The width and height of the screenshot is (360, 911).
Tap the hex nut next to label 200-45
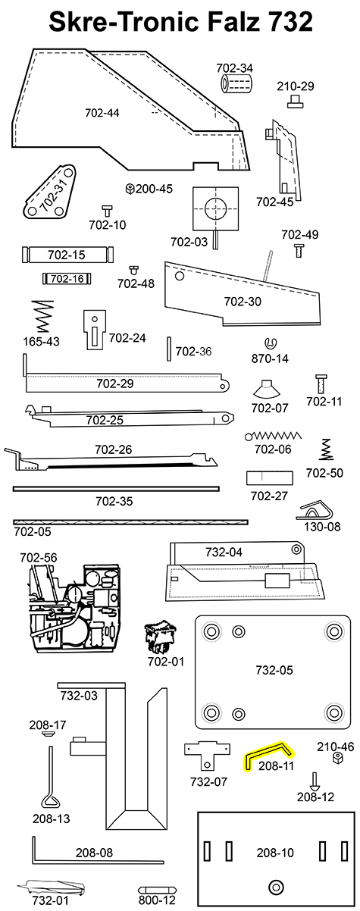[130, 189]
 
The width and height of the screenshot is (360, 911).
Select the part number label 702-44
[102, 114]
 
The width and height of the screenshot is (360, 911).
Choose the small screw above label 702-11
[321, 380]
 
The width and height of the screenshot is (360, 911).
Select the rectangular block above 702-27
[269, 479]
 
